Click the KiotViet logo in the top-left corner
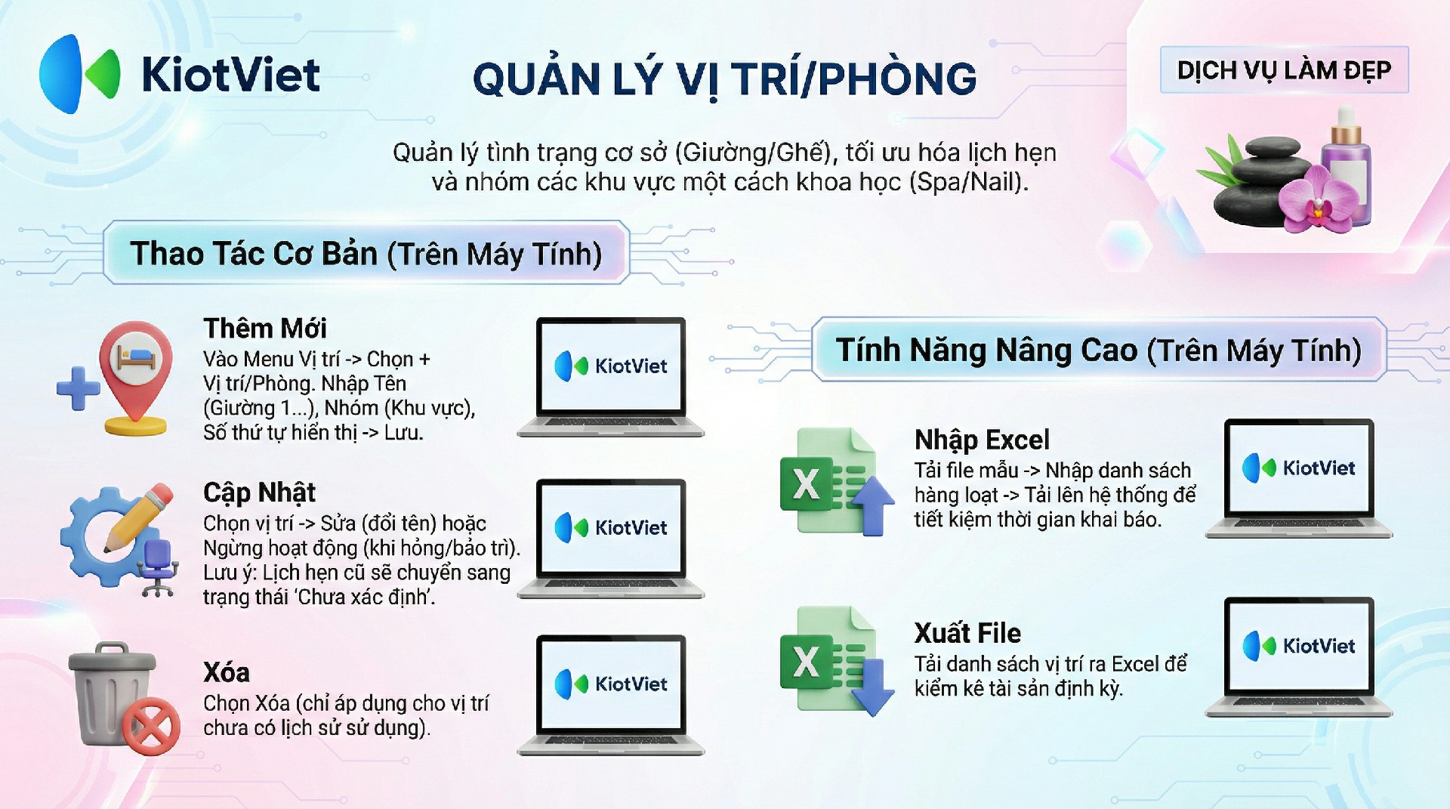180,74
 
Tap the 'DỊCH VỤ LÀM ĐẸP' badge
1284,70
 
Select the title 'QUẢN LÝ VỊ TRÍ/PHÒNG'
724,79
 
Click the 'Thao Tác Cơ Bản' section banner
366,253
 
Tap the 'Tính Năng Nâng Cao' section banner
1099,350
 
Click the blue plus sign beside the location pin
78,388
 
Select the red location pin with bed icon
136,378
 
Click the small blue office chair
158,567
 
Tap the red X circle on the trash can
152,726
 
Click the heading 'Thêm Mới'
265,329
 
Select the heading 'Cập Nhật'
259,493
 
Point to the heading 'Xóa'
227,672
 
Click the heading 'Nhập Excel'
982,440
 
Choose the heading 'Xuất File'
967,632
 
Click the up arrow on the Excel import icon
873,505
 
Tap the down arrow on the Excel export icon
873,687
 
